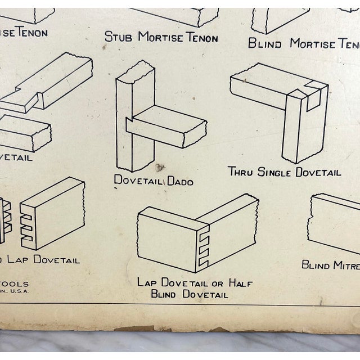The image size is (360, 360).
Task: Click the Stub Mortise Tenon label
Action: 161,37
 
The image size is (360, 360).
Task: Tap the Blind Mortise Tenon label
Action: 304,43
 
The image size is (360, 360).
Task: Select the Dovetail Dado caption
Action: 154,181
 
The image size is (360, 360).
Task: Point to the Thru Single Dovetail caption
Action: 284,172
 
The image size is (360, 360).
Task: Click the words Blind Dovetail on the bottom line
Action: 190,294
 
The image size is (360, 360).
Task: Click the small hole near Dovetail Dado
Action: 160,167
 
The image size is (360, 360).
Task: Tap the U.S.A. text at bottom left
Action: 20,291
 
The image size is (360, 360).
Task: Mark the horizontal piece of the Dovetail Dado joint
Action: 169,127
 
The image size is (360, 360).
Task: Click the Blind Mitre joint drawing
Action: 335,222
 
